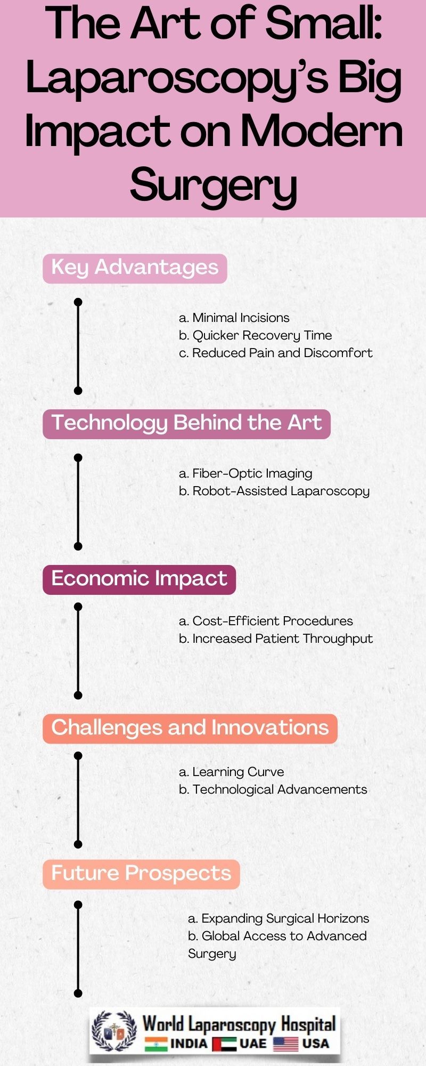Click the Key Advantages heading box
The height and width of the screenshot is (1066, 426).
tap(135, 268)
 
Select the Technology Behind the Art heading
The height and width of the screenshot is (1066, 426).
tap(186, 423)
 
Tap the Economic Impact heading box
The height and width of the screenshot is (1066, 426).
tap(139, 579)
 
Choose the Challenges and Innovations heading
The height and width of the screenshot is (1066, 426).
tap(190, 728)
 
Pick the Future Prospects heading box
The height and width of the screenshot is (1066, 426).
tap(141, 874)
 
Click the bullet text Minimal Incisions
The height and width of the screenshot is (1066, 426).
tap(234, 318)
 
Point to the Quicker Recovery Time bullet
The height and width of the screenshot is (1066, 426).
tap(256, 335)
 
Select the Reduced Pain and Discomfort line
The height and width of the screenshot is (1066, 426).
tap(276, 353)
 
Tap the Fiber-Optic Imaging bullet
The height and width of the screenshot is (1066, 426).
tap(245, 473)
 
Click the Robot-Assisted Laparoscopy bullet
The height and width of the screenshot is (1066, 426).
tap(274, 491)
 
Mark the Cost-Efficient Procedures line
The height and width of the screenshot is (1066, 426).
tap(266, 621)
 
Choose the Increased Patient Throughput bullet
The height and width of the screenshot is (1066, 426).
tap(276, 639)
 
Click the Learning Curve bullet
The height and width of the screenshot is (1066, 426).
tap(232, 772)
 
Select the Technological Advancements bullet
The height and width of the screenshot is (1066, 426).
tap(273, 789)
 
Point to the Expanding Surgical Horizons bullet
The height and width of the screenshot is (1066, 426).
tap(278, 918)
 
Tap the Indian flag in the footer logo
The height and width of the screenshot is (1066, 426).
tap(156, 1044)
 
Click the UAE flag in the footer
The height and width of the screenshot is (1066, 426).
tap(224, 1044)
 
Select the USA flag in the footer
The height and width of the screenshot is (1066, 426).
tap(286, 1044)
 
